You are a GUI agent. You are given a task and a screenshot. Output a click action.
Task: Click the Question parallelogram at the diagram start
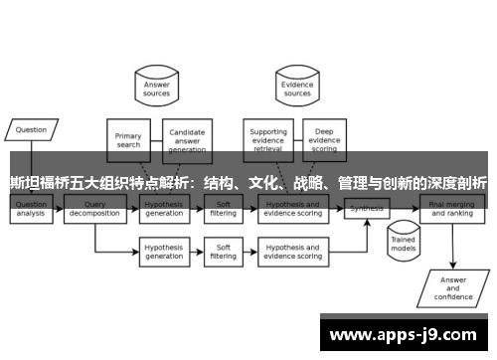(31, 129)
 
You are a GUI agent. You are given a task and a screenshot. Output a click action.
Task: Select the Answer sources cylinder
(157, 89)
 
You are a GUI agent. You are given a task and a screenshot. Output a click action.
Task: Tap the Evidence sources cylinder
(298, 89)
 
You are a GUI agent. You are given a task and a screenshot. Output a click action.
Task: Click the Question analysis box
(32, 209)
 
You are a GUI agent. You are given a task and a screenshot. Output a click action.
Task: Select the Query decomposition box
(95, 209)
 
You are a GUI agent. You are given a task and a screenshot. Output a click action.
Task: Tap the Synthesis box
(366, 209)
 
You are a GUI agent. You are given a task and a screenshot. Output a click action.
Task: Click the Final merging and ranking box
(452, 209)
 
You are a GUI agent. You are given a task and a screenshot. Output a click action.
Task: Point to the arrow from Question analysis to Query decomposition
(61, 209)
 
